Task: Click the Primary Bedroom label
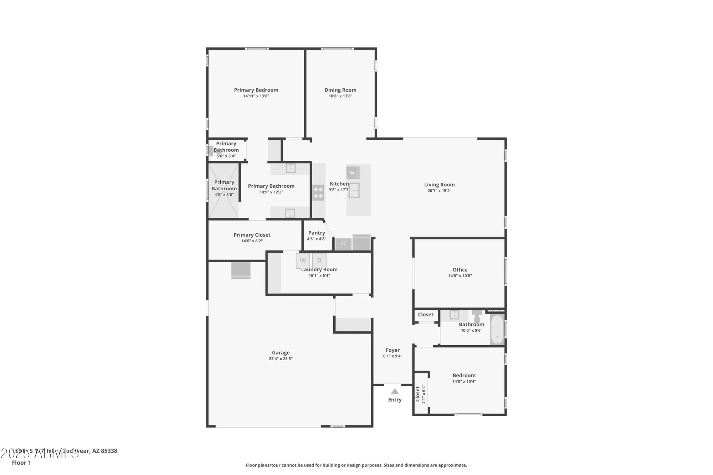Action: point(256,90)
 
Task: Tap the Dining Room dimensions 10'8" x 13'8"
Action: point(340,96)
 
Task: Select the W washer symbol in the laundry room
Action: point(303,260)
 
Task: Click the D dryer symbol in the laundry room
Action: point(319,260)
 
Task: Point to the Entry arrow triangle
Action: point(395,392)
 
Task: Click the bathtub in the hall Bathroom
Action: point(497,329)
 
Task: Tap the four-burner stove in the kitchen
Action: point(318,193)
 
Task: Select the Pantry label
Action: point(317,233)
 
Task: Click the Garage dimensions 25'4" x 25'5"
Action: point(281,359)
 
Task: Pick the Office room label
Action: point(460,270)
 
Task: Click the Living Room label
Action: point(439,185)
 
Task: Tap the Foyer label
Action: point(393,350)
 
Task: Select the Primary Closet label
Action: point(252,235)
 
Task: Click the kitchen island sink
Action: point(354,190)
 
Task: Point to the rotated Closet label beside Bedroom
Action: point(418,394)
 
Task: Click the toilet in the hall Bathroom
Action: point(477,316)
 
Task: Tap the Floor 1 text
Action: point(21,463)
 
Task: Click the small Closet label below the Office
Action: point(425,315)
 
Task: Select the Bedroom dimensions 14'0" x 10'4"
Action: point(464,382)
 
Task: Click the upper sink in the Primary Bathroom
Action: point(291,168)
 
